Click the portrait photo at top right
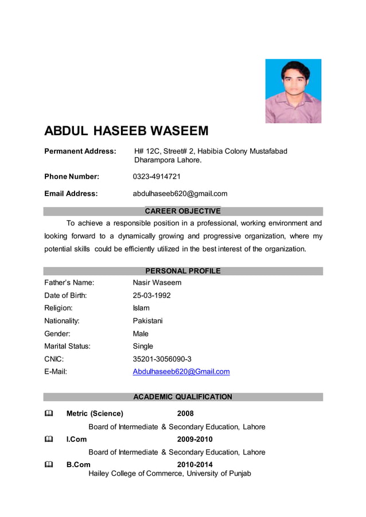pyautogui.click(x=293, y=91)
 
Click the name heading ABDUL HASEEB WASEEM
pyautogui.click(x=126, y=131)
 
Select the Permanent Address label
pyautogui.click(x=80, y=151)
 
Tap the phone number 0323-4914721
pyautogui.click(x=157, y=177)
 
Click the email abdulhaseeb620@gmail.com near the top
pyautogui.click(x=180, y=194)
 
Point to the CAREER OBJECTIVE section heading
pyautogui.click(x=182, y=211)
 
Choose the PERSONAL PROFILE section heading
pyautogui.click(x=182, y=271)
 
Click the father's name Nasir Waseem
pyautogui.click(x=157, y=283)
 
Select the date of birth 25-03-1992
pyautogui.click(x=151, y=296)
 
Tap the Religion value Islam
pyautogui.click(x=141, y=308)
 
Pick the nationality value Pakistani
pyautogui.click(x=147, y=321)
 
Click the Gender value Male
pyautogui.click(x=141, y=334)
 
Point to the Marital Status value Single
pyautogui.click(x=143, y=346)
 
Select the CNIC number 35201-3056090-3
pyautogui.click(x=162, y=359)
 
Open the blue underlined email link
pyautogui.click(x=181, y=371)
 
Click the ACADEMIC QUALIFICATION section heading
pyautogui.click(x=182, y=397)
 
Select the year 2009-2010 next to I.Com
pyautogui.click(x=194, y=440)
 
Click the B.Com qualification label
pyautogui.click(x=78, y=464)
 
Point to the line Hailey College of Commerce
pyautogui.click(x=169, y=473)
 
